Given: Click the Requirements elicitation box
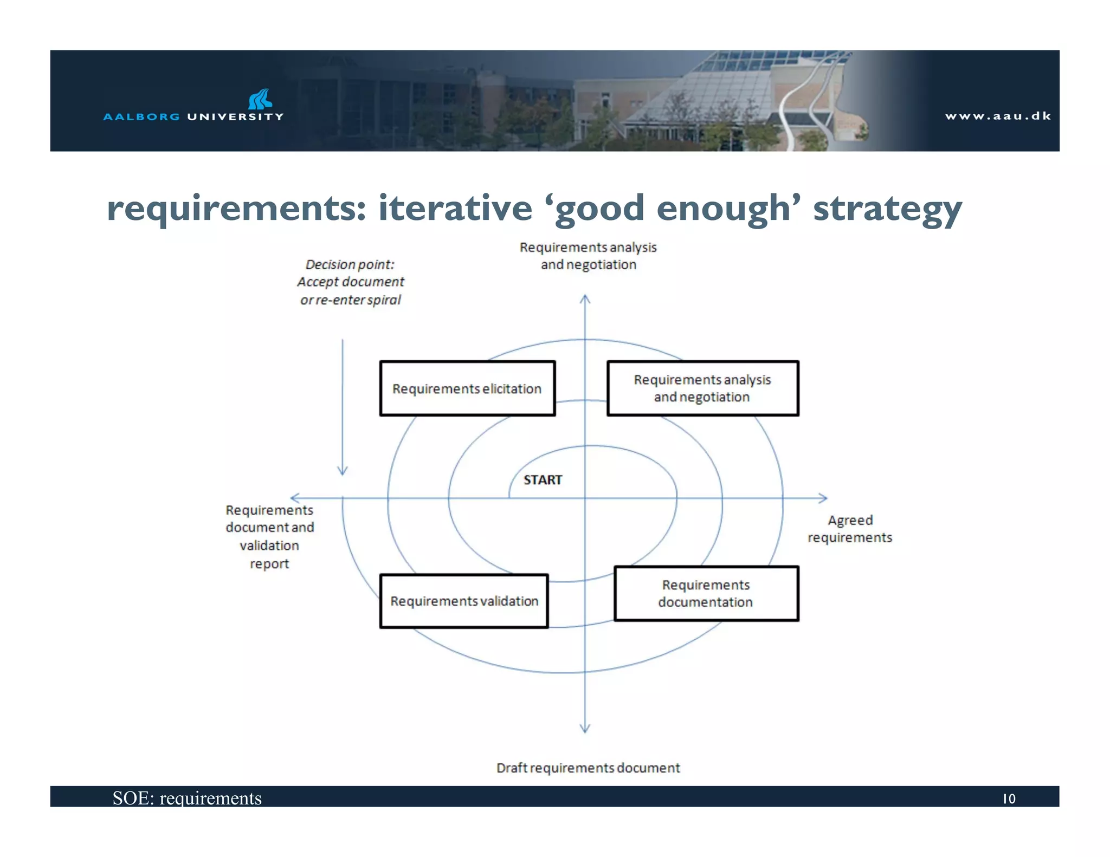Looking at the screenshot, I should pos(467,388).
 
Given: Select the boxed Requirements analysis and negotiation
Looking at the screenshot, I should pos(702,388).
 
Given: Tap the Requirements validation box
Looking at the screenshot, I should pos(464,601).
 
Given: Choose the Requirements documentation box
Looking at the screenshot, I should pos(706,594).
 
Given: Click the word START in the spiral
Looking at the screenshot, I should pos(543,480).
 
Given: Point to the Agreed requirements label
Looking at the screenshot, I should pos(849,529).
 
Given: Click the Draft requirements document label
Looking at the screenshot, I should pos(588,768).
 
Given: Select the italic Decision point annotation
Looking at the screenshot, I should pos(350,282).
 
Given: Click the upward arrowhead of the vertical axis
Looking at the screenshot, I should pos(585,298).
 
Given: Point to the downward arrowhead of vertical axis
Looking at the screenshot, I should pos(585,729).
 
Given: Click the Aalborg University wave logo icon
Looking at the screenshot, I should pos(260,99).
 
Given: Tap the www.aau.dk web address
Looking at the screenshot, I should pos(998,116).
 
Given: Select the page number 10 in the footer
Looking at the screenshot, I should pos(1009,798).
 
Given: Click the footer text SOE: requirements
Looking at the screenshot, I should pos(187,798).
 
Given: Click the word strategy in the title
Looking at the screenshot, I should pos(887,209).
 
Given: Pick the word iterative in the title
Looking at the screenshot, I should pos(455,209).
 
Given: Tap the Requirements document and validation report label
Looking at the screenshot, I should pos(269,537).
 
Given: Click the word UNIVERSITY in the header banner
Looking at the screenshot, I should pos(235,116).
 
